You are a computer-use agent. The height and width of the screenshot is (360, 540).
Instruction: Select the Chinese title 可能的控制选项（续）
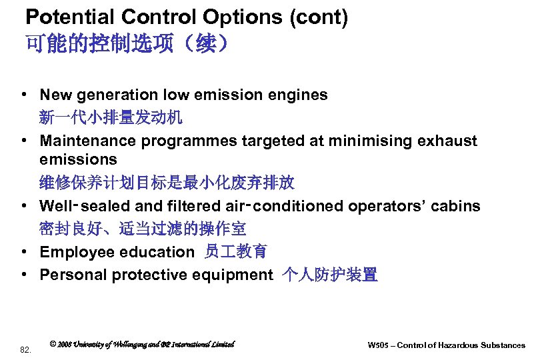coord(127,45)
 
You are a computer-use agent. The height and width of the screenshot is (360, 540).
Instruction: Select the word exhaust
coord(449,141)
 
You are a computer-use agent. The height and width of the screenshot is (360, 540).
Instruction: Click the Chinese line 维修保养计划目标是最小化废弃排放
coord(167,182)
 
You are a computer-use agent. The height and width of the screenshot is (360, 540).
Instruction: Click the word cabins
coord(456,206)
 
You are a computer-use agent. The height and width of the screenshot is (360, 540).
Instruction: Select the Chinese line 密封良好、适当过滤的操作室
coord(143,229)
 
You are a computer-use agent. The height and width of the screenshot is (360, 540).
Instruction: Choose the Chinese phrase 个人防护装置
coord(330,275)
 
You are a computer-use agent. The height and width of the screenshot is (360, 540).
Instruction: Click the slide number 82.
coord(26,349)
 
